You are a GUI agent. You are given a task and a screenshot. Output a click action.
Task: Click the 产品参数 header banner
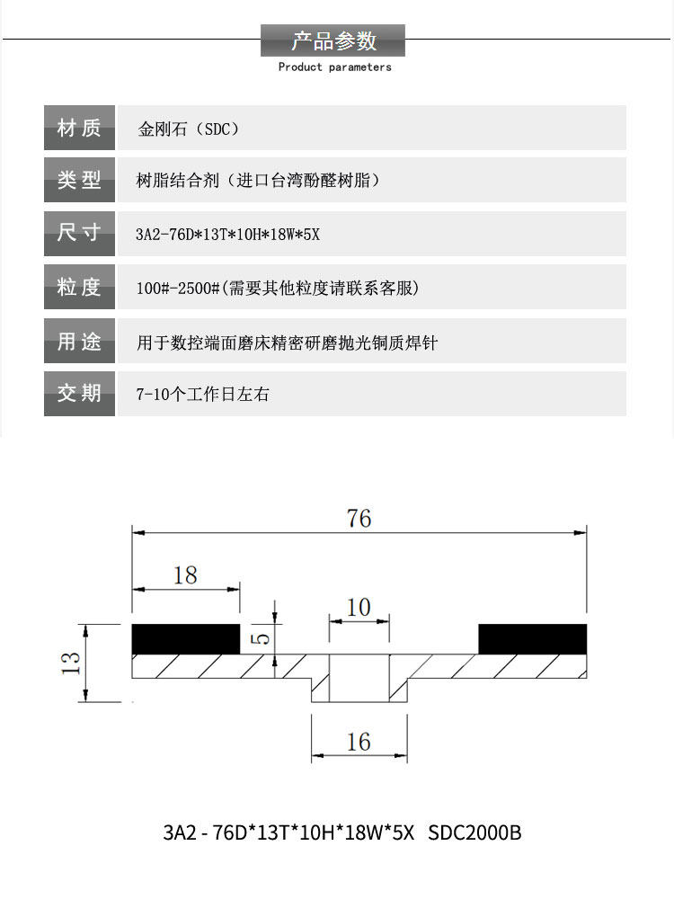[x=333, y=40]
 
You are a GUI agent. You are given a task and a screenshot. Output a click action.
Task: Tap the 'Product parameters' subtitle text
[x=334, y=67]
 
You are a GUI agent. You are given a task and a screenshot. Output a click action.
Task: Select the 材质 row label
[x=79, y=128]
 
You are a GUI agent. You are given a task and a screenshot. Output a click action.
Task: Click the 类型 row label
[x=79, y=180]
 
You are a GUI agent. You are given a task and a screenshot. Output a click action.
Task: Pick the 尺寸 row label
[x=79, y=234]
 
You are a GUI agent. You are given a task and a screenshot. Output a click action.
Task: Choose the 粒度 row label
[x=79, y=288]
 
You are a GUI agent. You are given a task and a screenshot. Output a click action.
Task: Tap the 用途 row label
[x=79, y=342]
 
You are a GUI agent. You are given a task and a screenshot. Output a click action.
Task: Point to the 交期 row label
[x=79, y=394]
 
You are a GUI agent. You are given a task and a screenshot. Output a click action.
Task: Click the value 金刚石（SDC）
[x=190, y=129]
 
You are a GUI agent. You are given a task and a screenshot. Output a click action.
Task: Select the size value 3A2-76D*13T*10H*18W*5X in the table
[x=227, y=236]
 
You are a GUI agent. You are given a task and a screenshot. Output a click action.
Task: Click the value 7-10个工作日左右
[x=202, y=395]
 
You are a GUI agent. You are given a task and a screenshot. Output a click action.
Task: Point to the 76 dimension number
[x=359, y=519]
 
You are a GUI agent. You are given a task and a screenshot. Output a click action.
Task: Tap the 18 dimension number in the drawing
[x=185, y=575]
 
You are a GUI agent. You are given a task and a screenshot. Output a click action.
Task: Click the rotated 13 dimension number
[x=72, y=663]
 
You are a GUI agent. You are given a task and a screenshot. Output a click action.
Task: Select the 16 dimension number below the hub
[x=359, y=742]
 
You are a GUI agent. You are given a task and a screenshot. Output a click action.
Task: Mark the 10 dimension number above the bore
[x=359, y=608]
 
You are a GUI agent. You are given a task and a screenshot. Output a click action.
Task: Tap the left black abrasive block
[x=186, y=638]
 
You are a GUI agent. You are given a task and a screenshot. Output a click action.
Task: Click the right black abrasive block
[x=532, y=638]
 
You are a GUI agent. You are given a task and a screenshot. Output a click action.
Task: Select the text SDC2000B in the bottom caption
[x=474, y=832]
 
